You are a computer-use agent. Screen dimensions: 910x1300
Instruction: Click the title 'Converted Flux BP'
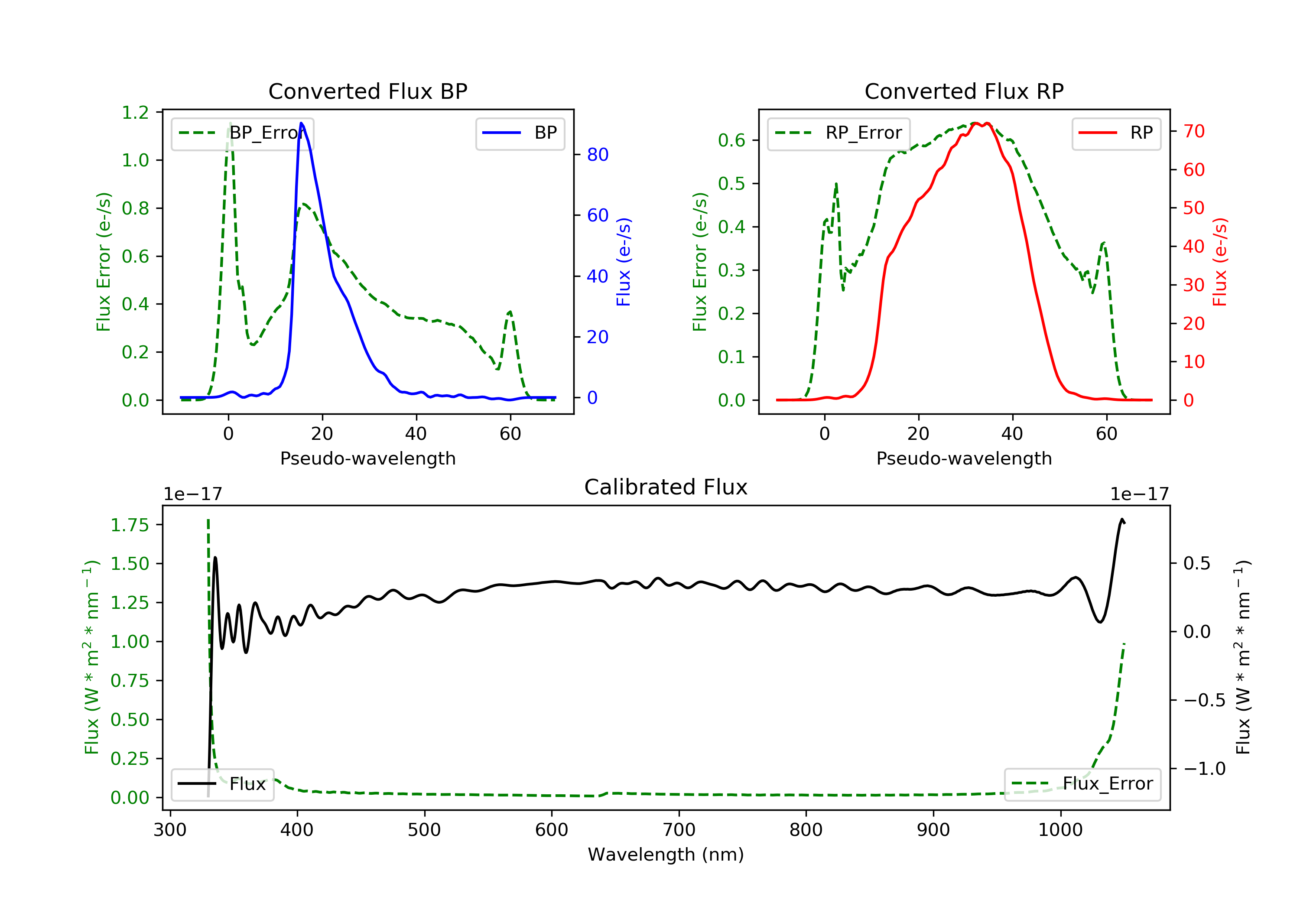point(367,91)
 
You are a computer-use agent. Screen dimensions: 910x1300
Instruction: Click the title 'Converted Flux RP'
point(964,91)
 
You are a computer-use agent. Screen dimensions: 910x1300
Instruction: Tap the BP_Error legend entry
point(242,133)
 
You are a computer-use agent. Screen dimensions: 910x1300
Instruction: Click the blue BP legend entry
point(520,133)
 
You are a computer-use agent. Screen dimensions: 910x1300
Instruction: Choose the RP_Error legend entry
point(838,133)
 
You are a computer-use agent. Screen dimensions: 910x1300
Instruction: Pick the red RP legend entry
point(1116,133)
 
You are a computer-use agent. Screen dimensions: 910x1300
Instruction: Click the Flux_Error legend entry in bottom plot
point(1082,784)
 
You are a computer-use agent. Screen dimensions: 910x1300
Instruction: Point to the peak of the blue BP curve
point(301,123)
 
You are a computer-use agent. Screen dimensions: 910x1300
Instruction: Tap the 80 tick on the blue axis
point(597,155)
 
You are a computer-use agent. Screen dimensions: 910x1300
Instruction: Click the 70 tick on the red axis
point(1193,131)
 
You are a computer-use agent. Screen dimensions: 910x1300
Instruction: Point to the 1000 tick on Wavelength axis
point(1060,830)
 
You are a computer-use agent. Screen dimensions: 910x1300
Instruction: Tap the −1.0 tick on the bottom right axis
point(1204,768)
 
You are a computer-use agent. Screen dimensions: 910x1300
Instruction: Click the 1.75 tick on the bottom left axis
point(130,525)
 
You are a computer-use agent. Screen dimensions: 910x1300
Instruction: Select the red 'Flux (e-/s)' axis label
point(1219,262)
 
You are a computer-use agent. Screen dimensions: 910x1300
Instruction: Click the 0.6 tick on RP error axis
point(731,140)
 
